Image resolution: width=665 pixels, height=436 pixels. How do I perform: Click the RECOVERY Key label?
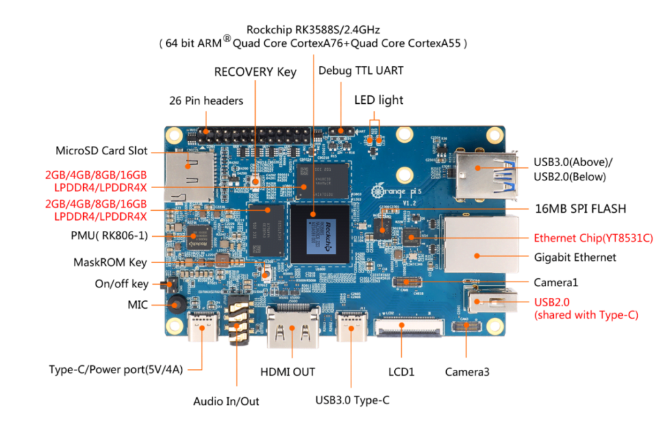255,72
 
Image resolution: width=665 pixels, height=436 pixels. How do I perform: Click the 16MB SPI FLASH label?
579,208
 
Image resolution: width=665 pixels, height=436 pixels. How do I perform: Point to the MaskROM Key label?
110,263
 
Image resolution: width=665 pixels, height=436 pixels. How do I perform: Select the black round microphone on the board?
176,304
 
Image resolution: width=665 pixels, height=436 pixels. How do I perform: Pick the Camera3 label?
467,372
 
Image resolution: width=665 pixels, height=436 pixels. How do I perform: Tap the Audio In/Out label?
226,402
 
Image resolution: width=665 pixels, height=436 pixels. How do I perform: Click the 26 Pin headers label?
206,101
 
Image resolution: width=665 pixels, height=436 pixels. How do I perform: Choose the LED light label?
379,100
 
